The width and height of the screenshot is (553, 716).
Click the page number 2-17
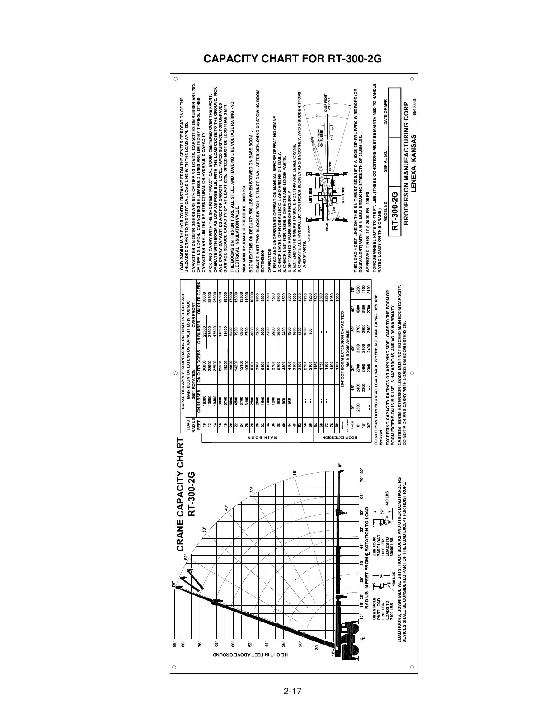click(293, 691)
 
